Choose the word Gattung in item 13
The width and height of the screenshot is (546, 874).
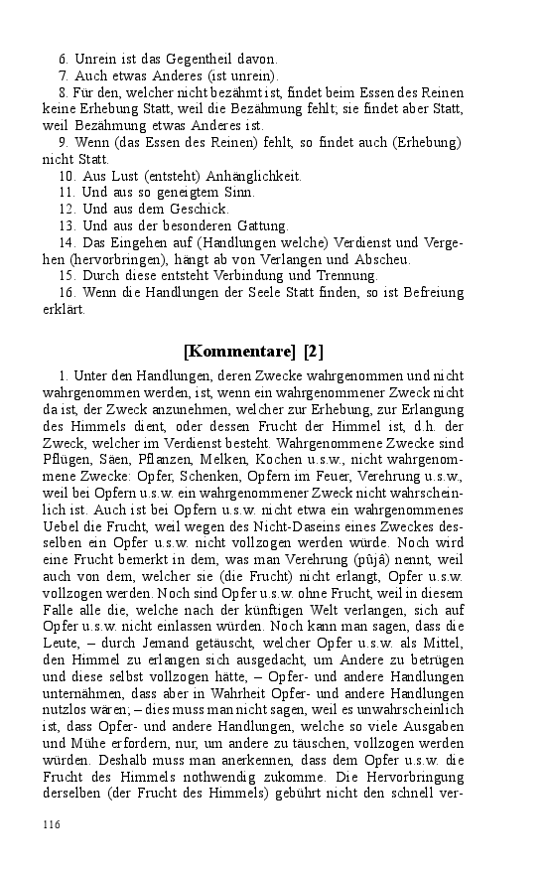click(260, 225)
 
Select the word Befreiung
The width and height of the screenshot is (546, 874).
click(429, 292)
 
